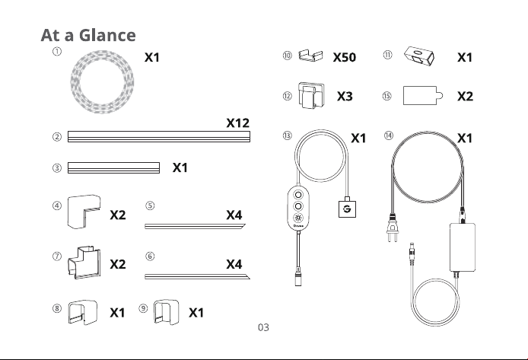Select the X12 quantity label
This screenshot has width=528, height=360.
237,123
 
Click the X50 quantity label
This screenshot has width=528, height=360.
345,57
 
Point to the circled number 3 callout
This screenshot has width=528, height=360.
57,167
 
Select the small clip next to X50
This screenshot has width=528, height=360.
310,56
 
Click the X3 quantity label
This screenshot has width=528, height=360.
345,97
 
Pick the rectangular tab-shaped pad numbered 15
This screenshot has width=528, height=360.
422,96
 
